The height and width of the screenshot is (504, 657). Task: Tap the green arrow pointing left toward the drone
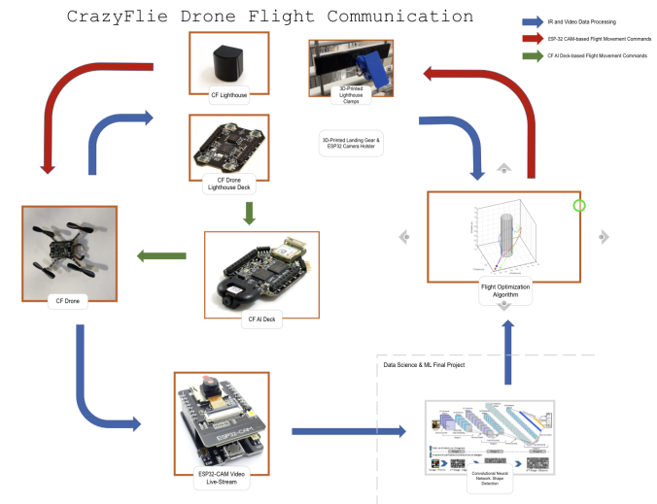[161, 255]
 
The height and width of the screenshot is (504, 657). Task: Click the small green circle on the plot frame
[580, 206]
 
